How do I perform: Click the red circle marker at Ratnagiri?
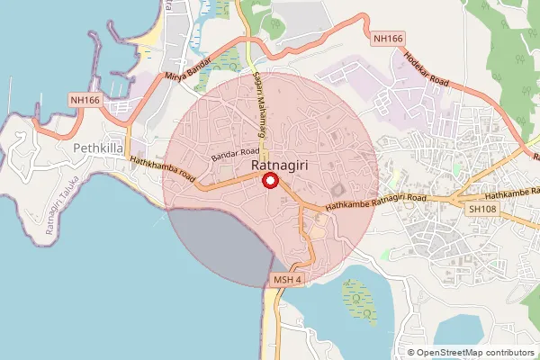269,181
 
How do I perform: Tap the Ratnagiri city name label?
270,166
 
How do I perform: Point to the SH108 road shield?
481,208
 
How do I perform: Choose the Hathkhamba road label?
163,167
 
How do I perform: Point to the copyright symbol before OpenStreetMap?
411,353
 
